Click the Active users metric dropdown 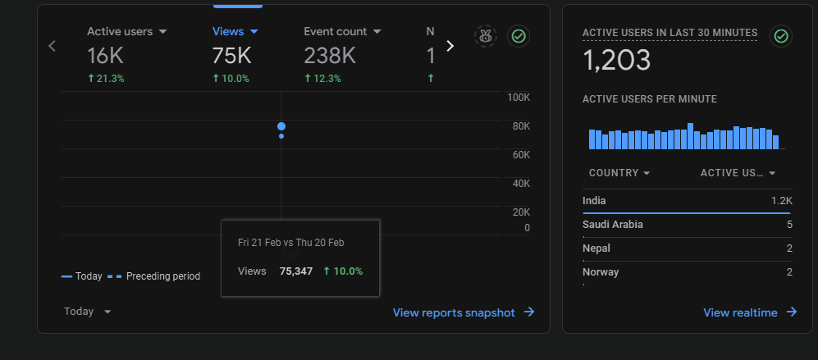[127, 31]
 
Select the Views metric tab [235, 31]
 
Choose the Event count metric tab [342, 31]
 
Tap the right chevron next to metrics [450, 46]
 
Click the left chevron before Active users [52, 46]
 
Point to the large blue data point [281, 126]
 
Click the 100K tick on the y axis [519, 98]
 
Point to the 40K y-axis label [521, 184]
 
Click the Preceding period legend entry [154, 276]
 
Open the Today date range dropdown [87, 312]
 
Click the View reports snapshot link [464, 312]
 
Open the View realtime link [750, 312]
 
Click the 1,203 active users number [617, 60]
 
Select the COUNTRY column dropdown [619, 173]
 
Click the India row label [594, 201]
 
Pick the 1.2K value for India [782, 201]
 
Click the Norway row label [601, 271]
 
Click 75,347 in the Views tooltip [296, 271]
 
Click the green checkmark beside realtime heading [781, 36]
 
